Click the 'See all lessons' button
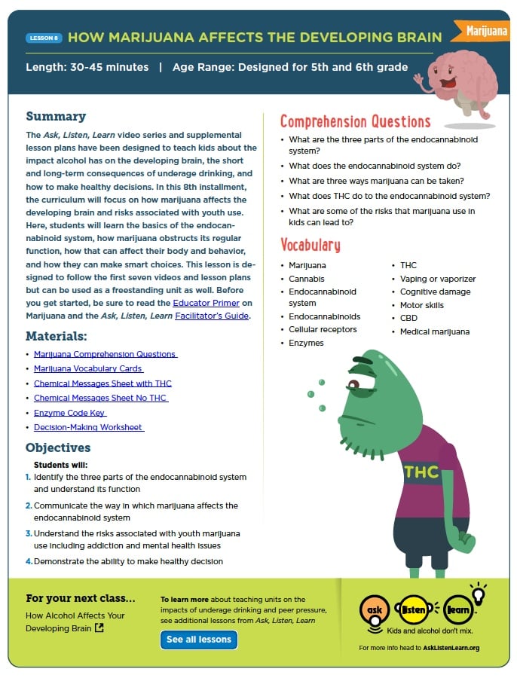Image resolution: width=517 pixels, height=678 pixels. [199, 640]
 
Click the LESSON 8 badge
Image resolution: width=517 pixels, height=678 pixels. [44, 38]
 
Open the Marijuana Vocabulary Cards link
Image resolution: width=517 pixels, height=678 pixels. [88, 368]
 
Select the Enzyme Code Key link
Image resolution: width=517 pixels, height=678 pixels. [70, 413]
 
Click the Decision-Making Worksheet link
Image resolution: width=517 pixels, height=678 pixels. [88, 427]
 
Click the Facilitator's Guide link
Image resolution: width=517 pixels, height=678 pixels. [212, 316]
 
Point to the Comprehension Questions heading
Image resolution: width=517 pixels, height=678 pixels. [355, 122]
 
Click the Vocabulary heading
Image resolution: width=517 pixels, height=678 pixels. [310, 245]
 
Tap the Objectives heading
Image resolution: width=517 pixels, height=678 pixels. [60, 447]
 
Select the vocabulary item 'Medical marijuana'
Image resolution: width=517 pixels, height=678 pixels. [434, 331]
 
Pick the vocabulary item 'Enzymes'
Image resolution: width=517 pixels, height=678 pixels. [306, 343]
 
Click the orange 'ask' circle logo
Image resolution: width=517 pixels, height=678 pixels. [375, 608]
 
